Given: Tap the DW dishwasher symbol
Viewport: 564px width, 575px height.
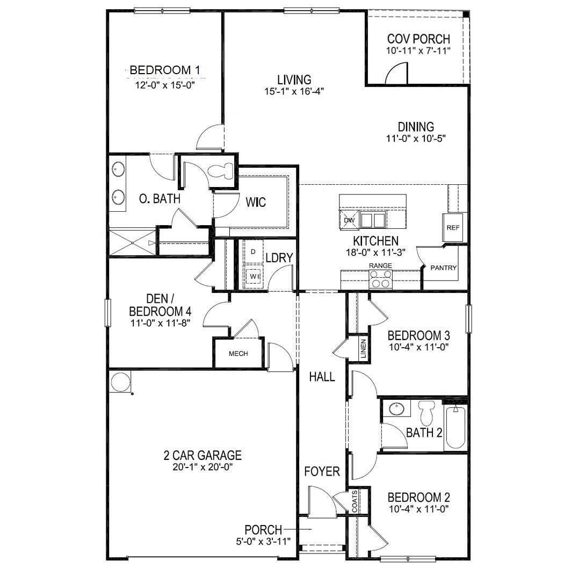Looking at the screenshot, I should pyautogui.click(x=348, y=220).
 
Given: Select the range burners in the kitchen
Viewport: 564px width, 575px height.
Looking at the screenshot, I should pyautogui.click(x=380, y=279).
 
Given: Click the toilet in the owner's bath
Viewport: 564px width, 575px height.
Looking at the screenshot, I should pyautogui.click(x=221, y=171).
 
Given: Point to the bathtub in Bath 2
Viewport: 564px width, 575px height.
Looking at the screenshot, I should pyautogui.click(x=455, y=428).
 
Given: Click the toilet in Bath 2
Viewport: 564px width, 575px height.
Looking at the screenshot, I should pyautogui.click(x=428, y=413).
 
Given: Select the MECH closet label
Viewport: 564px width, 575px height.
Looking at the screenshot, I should pyautogui.click(x=238, y=354).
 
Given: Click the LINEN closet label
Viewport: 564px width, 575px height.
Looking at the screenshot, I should pyautogui.click(x=363, y=349).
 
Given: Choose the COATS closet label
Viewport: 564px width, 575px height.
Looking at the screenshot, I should pyautogui.click(x=355, y=501).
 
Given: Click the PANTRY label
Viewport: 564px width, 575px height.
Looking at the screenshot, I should pyautogui.click(x=444, y=268).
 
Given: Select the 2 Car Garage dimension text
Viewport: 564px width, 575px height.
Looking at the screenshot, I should pyautogui.click(x=203, y=467).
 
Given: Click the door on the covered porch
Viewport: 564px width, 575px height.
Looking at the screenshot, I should pyautogui.click(x=396, y=74).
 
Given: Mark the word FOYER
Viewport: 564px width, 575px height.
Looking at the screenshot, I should pyautogui.click(x=322, y=472).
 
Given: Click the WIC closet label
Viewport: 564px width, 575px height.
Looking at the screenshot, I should pyautogui.click(x=256, y=203).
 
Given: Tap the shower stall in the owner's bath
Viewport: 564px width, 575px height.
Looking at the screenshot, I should pyautogui.click(x=132, y=243).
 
